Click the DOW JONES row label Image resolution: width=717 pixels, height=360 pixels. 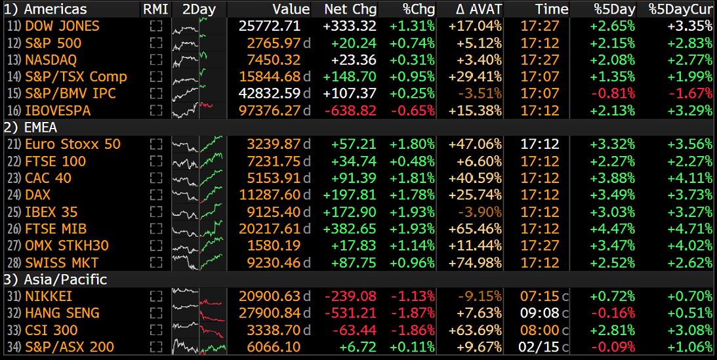point(62,26)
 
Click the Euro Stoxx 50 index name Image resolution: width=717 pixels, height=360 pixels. point(72,144)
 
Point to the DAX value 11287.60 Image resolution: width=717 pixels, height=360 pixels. point(269,195)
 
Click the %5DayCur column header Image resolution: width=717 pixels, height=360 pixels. point(680,9)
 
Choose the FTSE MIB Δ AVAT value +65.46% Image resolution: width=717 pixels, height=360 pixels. point(476,229)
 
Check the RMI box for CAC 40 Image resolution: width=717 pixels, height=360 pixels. point(155,178)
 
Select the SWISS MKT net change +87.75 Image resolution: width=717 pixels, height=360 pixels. point(358,262)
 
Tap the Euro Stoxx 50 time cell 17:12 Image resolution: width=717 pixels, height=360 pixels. point(541,144)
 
